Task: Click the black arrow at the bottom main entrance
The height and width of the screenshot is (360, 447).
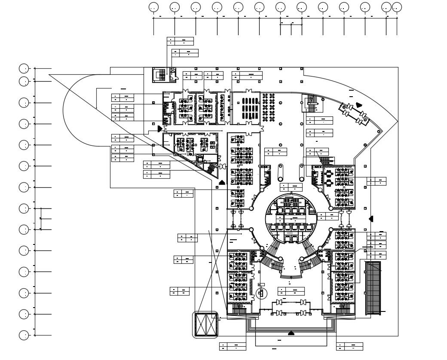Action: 291,333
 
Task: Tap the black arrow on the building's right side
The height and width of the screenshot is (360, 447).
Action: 371,219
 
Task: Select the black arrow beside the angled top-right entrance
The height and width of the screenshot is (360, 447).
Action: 359,104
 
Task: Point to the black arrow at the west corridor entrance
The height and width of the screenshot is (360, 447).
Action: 160,128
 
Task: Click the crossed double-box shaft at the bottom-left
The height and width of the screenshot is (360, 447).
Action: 206,325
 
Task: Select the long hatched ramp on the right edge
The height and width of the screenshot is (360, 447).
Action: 373,287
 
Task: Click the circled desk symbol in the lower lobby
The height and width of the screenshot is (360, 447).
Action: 260,293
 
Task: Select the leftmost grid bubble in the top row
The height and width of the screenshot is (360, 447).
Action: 153,7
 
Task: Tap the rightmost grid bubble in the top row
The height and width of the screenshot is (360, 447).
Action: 397,7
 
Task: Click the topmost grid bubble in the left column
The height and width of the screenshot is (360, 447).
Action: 24,68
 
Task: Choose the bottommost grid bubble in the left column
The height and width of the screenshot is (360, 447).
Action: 24,335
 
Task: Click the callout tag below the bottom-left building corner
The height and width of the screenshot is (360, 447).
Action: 233,346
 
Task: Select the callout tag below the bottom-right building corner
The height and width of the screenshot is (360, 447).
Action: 349,346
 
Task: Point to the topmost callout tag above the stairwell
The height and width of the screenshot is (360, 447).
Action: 180,41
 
